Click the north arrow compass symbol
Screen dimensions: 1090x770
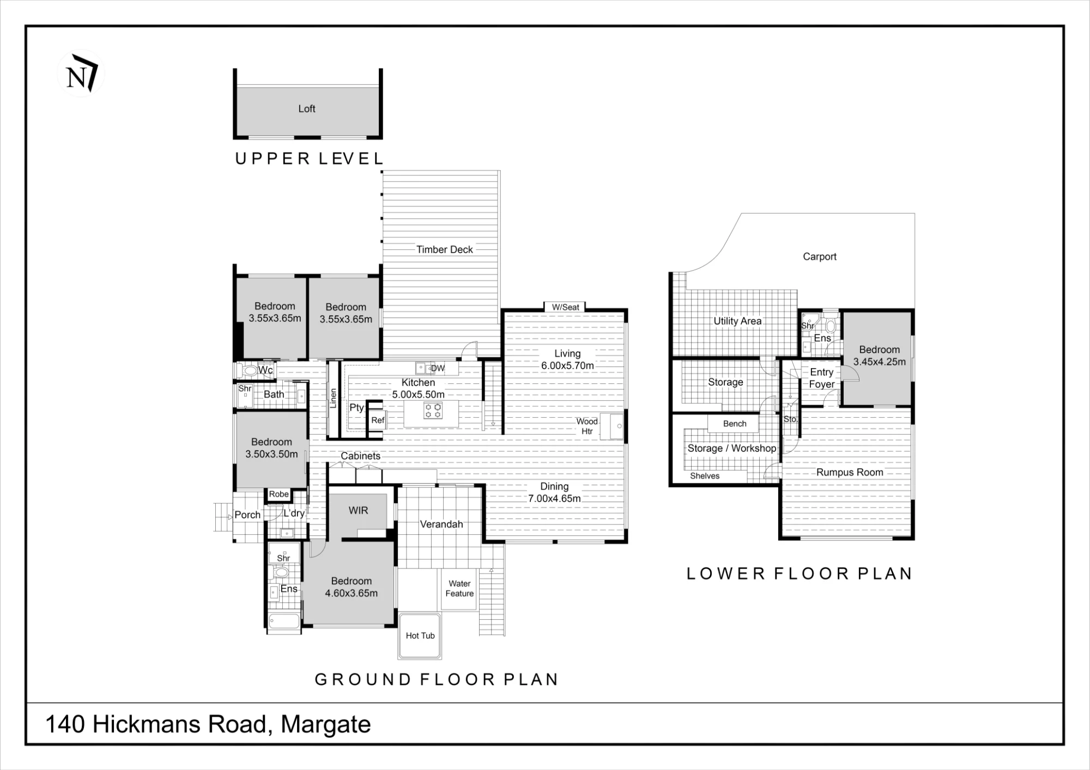pos(81,74)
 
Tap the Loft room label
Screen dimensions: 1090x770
pos(307,109)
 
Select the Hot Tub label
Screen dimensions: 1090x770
pos(420,635)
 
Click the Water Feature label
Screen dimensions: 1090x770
pos(459,589)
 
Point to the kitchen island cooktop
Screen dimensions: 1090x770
pos(433,411)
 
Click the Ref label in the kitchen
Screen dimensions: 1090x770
pos(378,420)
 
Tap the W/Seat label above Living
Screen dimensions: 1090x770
pos(566,307)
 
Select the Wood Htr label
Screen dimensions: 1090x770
pos(587,426)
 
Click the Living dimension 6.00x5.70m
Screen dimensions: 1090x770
pos(567,366)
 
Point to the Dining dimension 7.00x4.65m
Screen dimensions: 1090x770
pos(554,498)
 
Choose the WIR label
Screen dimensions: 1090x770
pos(358,510)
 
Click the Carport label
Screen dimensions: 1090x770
pos(820,256)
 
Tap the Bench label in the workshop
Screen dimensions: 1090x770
pos(735,424)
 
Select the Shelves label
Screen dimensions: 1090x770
pos(705,476)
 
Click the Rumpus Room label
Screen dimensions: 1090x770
pos(850,473)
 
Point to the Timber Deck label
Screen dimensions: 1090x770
pos(445,249)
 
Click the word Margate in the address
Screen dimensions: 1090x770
pos(326,725)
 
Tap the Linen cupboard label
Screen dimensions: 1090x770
pos(333,398)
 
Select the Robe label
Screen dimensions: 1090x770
pos(278,494)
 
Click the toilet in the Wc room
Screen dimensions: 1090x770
pos(249,371)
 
